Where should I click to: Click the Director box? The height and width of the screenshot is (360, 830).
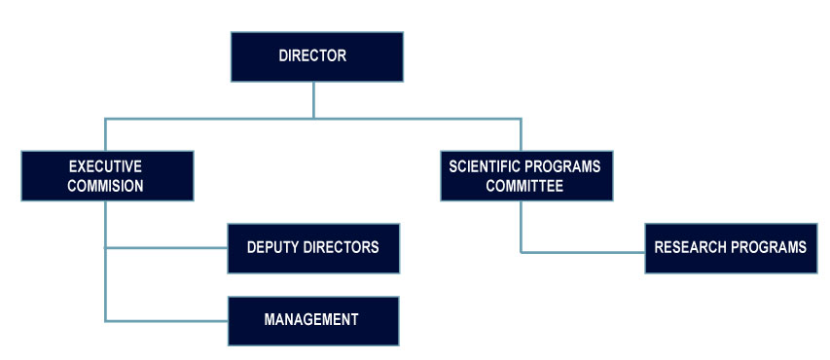[x=316, y=56]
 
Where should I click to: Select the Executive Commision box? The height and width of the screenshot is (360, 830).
[x=106, y=175]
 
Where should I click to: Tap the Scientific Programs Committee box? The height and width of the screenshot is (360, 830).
[x=524, y=175]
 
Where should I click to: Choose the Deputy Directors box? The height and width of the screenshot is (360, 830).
[x=312, y=247]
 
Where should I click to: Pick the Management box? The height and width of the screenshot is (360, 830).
[x=312, y=320]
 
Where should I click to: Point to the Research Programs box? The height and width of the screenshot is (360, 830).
[x=730, y=247]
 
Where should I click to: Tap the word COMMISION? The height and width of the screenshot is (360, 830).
[x=106, y=186]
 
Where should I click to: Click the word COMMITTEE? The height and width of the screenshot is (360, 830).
[x=524, y=186]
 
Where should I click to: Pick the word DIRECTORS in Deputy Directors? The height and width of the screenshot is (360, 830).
[x=342, y=247]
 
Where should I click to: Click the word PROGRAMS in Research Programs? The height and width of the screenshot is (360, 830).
[x=772, y=247]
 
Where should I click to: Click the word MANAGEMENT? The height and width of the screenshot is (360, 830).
[x=312, y=320]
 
